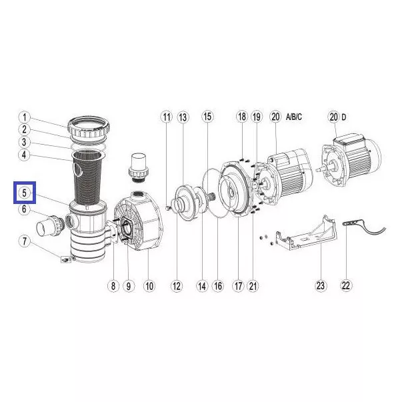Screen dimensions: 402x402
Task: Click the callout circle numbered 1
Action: pos(25,118)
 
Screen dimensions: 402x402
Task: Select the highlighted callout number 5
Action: pos(25,193)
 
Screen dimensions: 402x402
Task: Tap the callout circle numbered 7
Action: pos(25,241)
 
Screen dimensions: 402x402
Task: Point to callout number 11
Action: pos(167,117)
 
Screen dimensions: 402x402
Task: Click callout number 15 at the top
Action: pos(207,117)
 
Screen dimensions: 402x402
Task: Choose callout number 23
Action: pos(321,285)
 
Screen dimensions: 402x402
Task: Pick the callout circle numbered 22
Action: pos(345,285)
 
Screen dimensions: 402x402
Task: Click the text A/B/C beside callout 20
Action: pos(294,117)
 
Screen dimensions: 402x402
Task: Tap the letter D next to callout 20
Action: pos(343,117)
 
